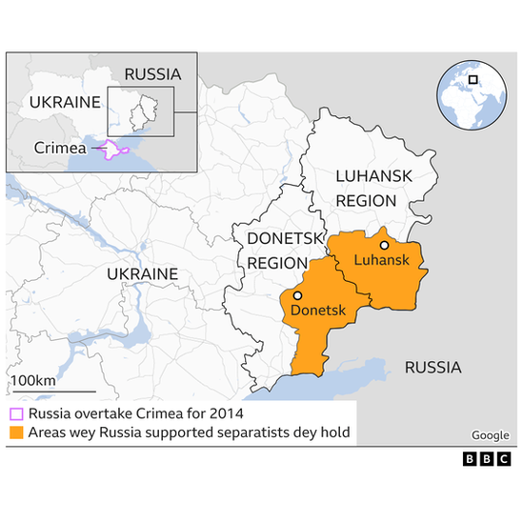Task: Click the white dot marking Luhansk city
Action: pyautogui.click(x=383, y=245)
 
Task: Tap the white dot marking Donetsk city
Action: pyautogui.click(x=297, y=296)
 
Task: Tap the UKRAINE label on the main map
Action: pyautogui.click(x=142, y=274)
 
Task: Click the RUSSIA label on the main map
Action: pyautogui.click(x=432, y=367)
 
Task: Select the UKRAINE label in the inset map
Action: pyautogui.click(x=65, y=102)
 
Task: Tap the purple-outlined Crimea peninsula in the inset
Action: pyautogui.click(x=112, y=150)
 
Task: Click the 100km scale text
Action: pyautogui.click(x=32, y=381)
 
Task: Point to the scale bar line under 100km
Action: pyautogui.click(x=52, y=392)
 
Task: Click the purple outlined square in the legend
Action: pyautogui.click(x=16, y=414)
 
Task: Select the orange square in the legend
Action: pyautogui.click(x=16, y=433)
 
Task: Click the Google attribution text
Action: pyautogui.click(x=491, y=435)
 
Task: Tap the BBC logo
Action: pyautogui.click(x=486, y=459)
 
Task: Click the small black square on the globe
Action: pyautogui.click(x=473, y=78)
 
